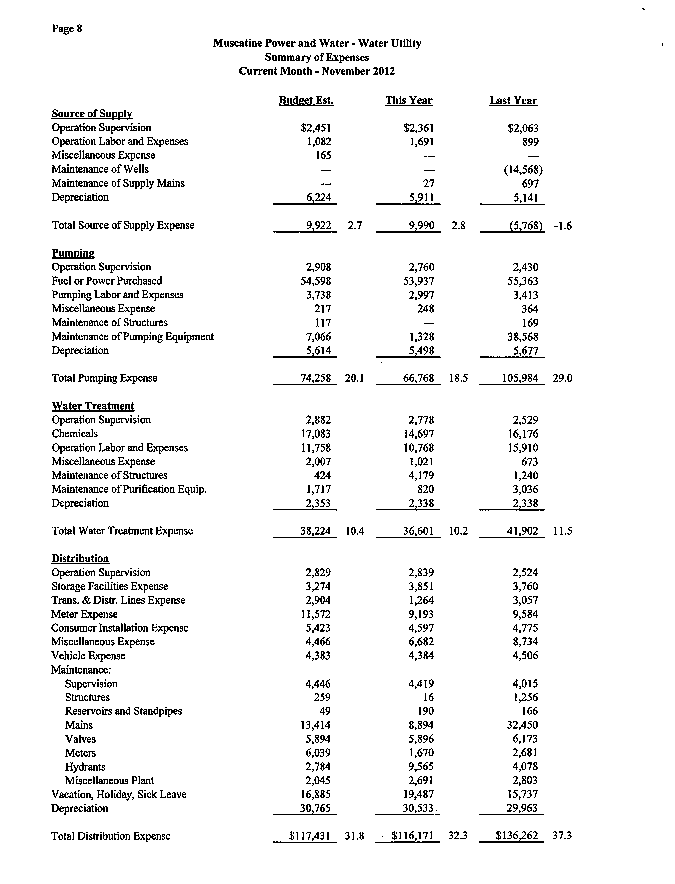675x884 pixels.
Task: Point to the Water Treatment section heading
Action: pos(93,406)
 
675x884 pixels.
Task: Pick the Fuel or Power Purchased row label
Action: pos(107,281)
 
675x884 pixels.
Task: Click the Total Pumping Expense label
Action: pos(105,378)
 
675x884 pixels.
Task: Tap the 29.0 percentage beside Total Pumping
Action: pos(562,378)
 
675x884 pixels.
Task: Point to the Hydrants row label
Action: pos(85,767)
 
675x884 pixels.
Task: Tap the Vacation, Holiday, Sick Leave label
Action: pos(119,794)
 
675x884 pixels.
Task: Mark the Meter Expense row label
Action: pos(84,614)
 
